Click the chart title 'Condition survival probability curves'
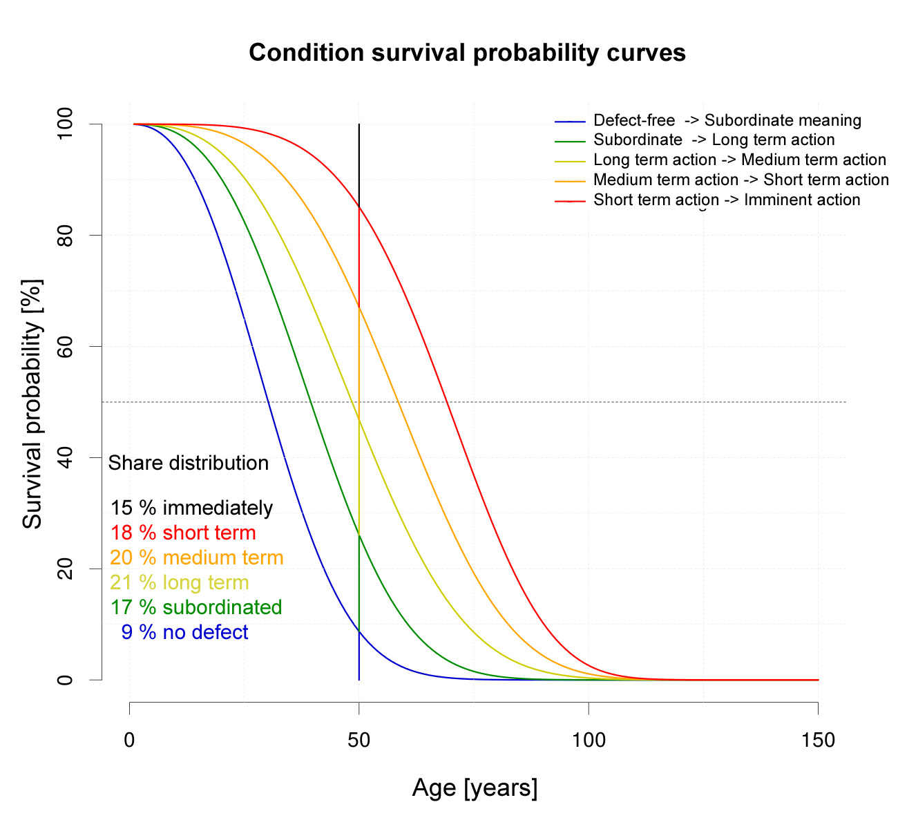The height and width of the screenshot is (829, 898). [x=467, y=53]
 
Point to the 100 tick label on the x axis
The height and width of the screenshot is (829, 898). [x=589, y=741]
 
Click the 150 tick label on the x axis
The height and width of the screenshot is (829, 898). [x=818, y=741]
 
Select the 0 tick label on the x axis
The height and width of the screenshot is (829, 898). [x=130, y=741]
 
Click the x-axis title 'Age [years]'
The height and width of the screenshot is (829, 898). [x=475, y=788]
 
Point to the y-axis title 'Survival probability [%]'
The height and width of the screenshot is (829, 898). [x=32, y=403]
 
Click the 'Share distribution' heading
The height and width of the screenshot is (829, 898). [x=189, y=463]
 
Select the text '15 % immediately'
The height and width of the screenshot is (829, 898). [x=191, y=508]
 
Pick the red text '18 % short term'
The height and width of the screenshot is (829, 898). [x=183, y=533]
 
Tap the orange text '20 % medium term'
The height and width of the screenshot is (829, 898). [x=197, y=558]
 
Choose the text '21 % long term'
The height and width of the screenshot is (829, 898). [x=180, y=583]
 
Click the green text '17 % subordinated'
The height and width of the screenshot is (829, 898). [x=196, y=608]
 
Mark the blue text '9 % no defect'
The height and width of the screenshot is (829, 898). [x=184, y=633]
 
